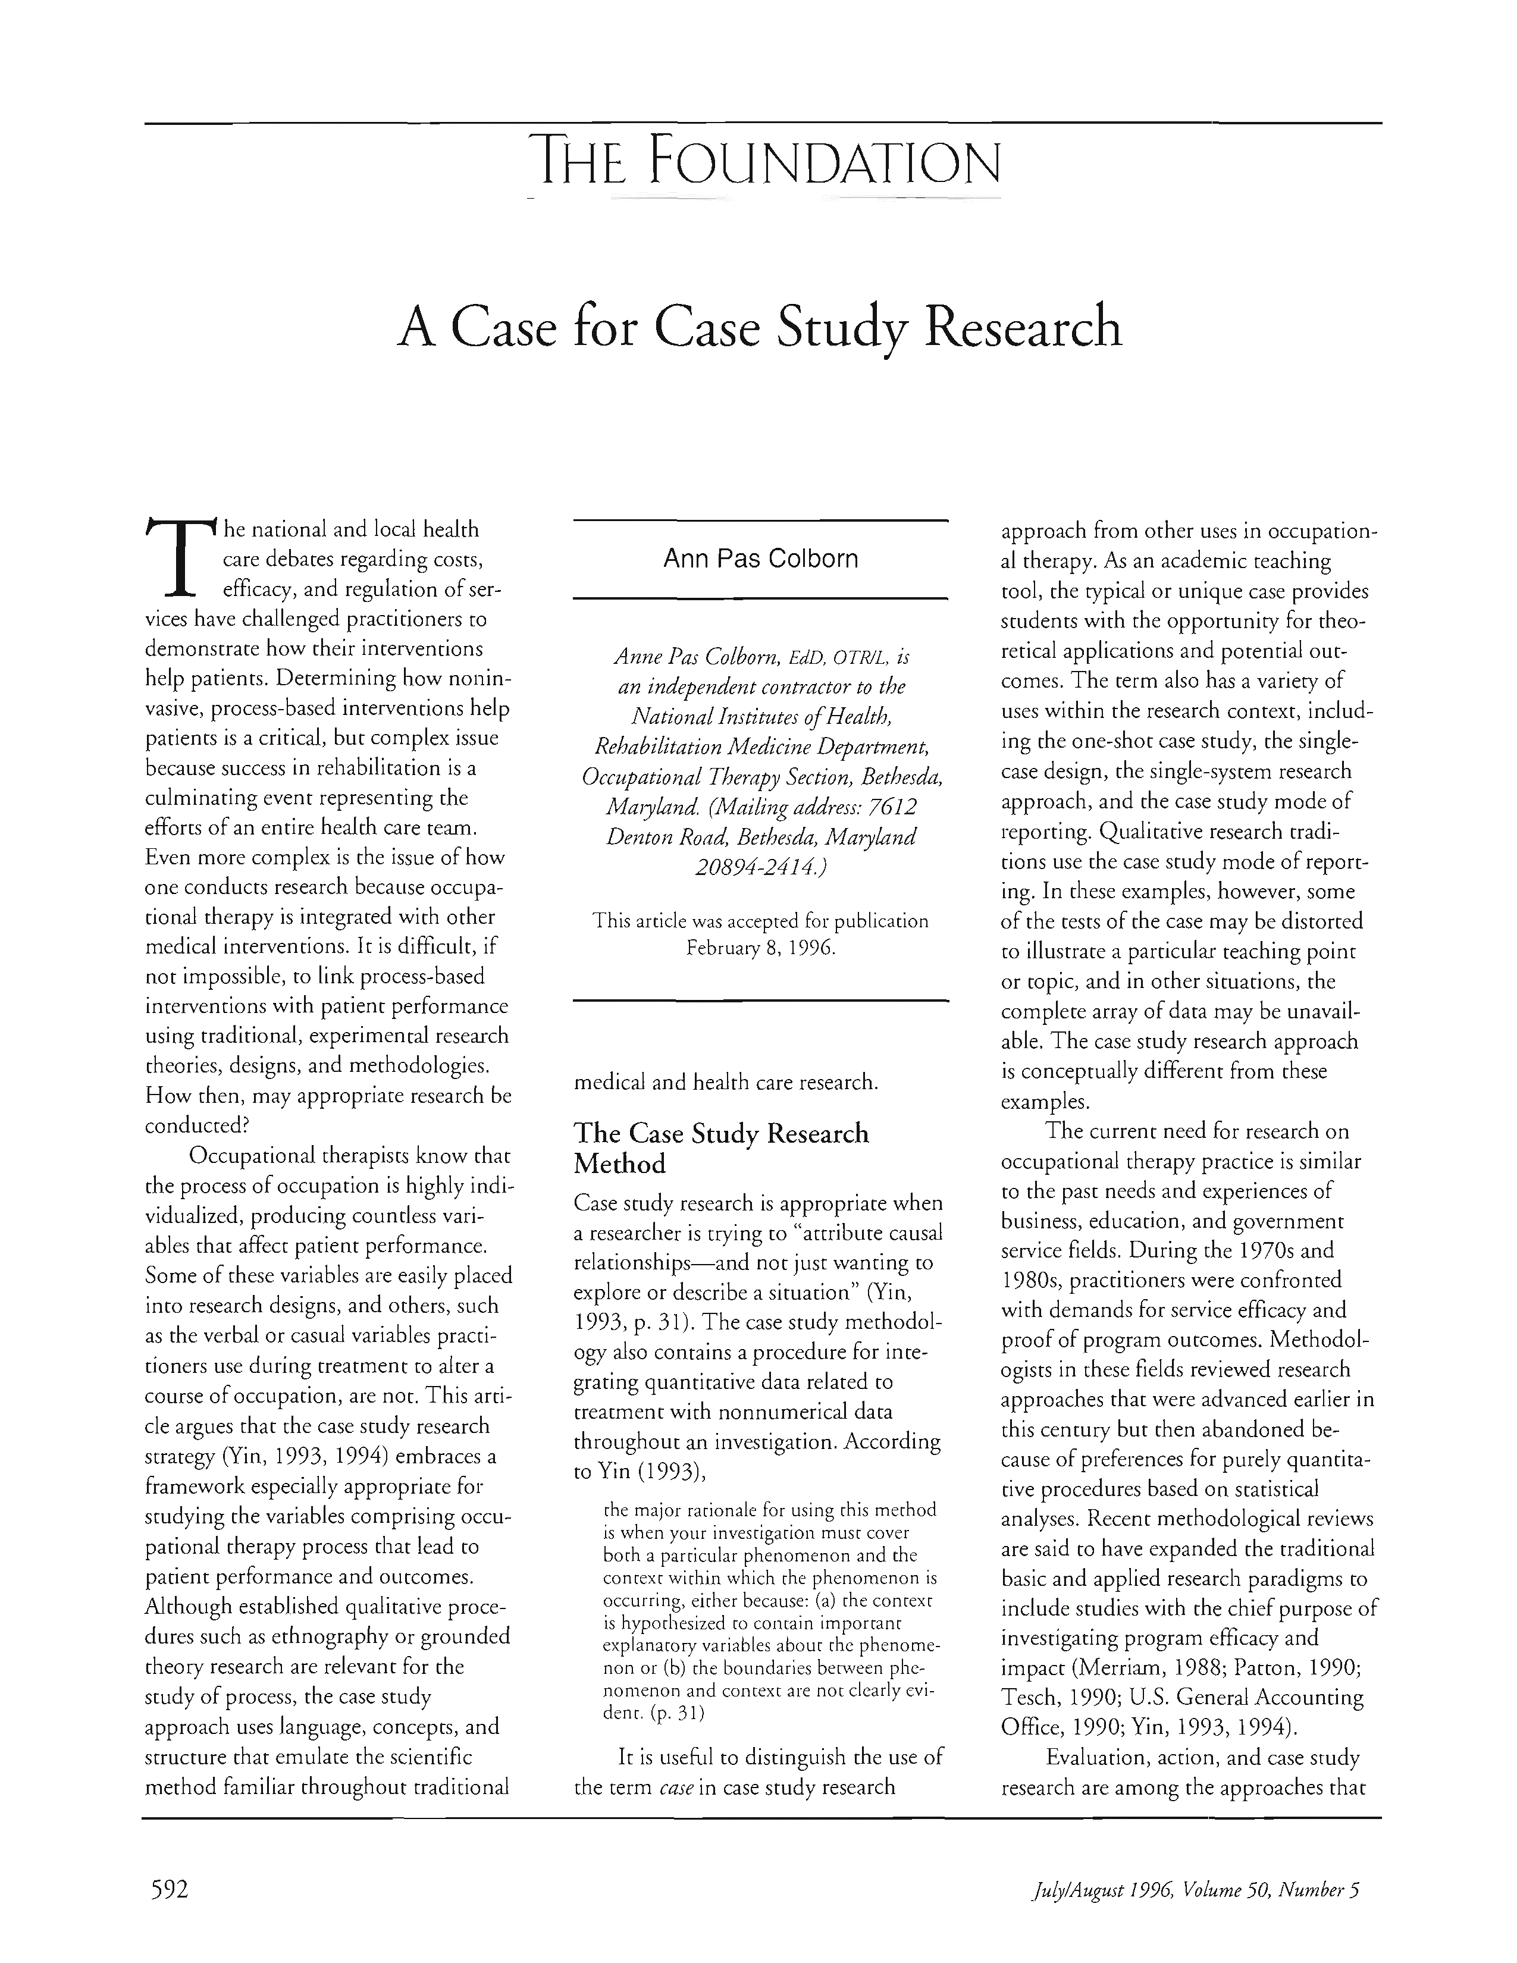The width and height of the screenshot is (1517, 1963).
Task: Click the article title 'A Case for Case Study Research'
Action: tap(760, 329)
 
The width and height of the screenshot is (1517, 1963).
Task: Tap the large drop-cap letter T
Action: tap(181, 557)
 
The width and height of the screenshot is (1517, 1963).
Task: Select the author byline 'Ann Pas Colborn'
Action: tap(760, 559)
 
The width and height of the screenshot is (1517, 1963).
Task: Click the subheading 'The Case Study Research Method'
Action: tap(721, 1148)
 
